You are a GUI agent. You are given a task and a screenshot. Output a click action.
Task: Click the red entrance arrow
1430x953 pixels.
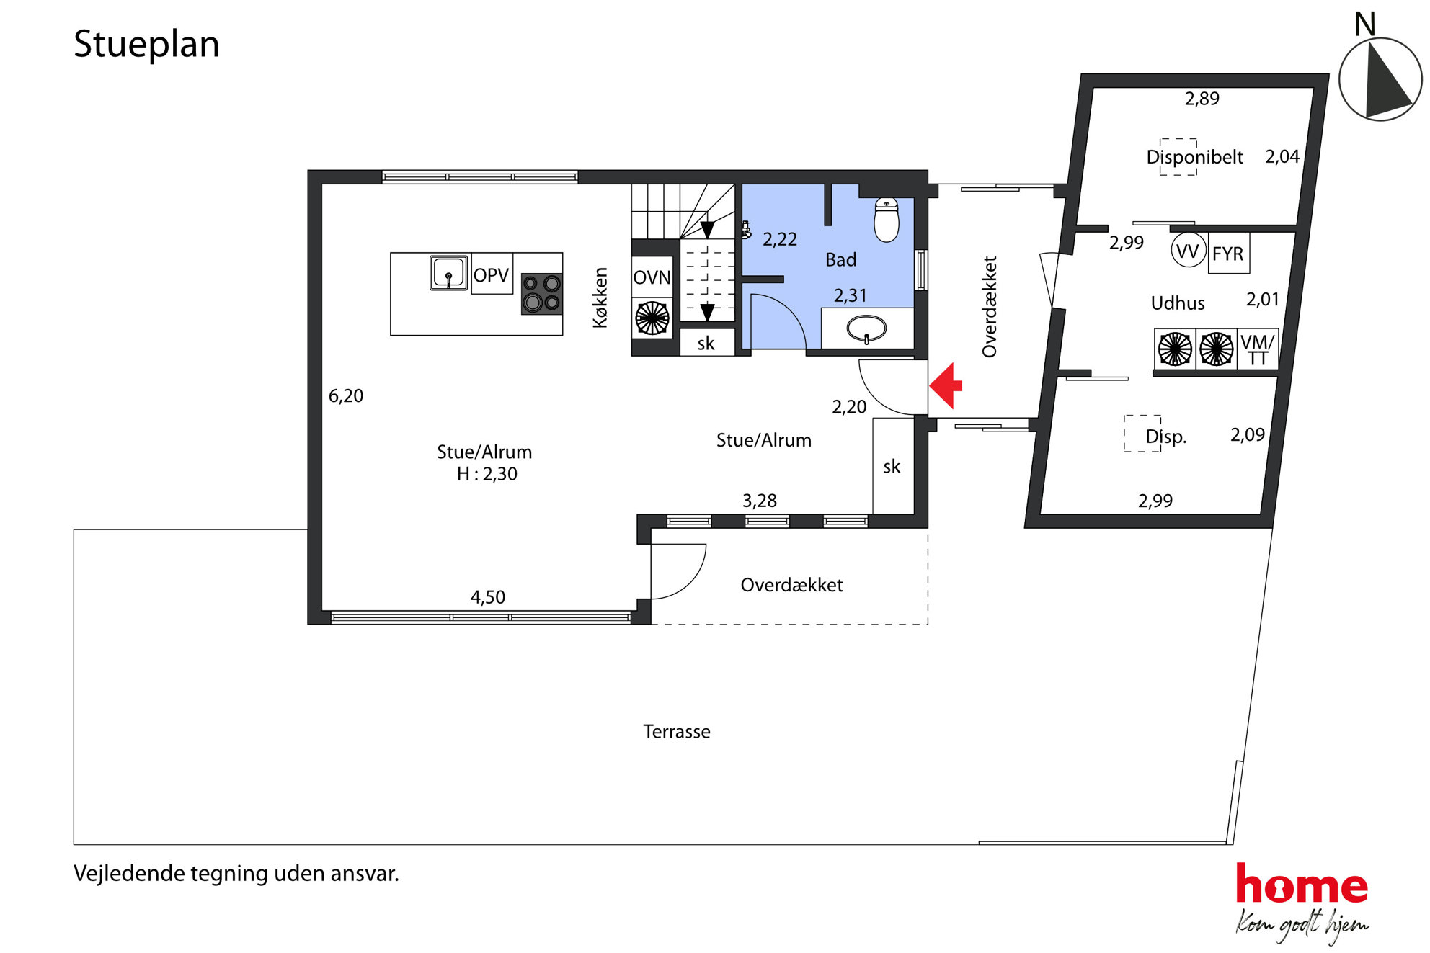[x=946, y=385]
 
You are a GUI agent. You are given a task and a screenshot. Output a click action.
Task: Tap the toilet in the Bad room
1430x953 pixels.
[x=887, y=220]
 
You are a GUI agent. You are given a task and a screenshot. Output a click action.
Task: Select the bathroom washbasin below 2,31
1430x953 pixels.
[x=866, y=330]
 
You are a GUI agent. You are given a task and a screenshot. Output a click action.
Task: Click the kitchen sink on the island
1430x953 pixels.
[x=448, y=273]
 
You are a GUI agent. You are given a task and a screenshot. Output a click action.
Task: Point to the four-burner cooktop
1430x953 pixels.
[x=542, y=294]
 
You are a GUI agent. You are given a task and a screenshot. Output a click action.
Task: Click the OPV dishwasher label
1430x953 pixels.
[x=491, y=275]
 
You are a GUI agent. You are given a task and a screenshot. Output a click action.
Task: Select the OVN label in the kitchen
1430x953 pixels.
[x=652, y=277]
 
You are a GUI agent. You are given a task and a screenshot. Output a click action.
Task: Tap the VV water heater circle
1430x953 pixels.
[x=1188, y=251]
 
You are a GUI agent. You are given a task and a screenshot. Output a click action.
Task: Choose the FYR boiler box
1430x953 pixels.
[x=1228, y=253]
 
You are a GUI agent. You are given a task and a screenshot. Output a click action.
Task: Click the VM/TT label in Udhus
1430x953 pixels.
[x=1257, y=349]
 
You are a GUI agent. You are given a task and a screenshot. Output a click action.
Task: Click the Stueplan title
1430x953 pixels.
[x=146, y=45]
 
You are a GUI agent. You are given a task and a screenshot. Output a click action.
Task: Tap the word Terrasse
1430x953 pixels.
[x=677, y=732]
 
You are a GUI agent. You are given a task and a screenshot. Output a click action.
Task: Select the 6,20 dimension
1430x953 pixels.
[x=346, y=395]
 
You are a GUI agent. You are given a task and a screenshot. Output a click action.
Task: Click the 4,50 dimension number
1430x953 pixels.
[x=488, y=597]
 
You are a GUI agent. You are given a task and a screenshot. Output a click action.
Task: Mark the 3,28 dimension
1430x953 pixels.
[x=760, y=501]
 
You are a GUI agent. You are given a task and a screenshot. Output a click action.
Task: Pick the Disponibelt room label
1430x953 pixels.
[x=1195, y=157]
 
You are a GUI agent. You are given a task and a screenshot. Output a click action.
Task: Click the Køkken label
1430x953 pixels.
[x=600, y=297]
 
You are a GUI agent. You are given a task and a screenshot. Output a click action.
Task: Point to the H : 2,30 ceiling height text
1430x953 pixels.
[x=487, y=474]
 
